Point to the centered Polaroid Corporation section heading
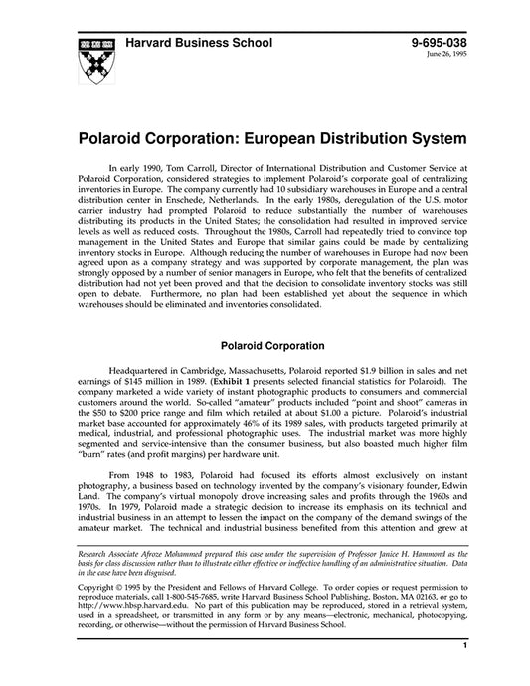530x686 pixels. point(265,347)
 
